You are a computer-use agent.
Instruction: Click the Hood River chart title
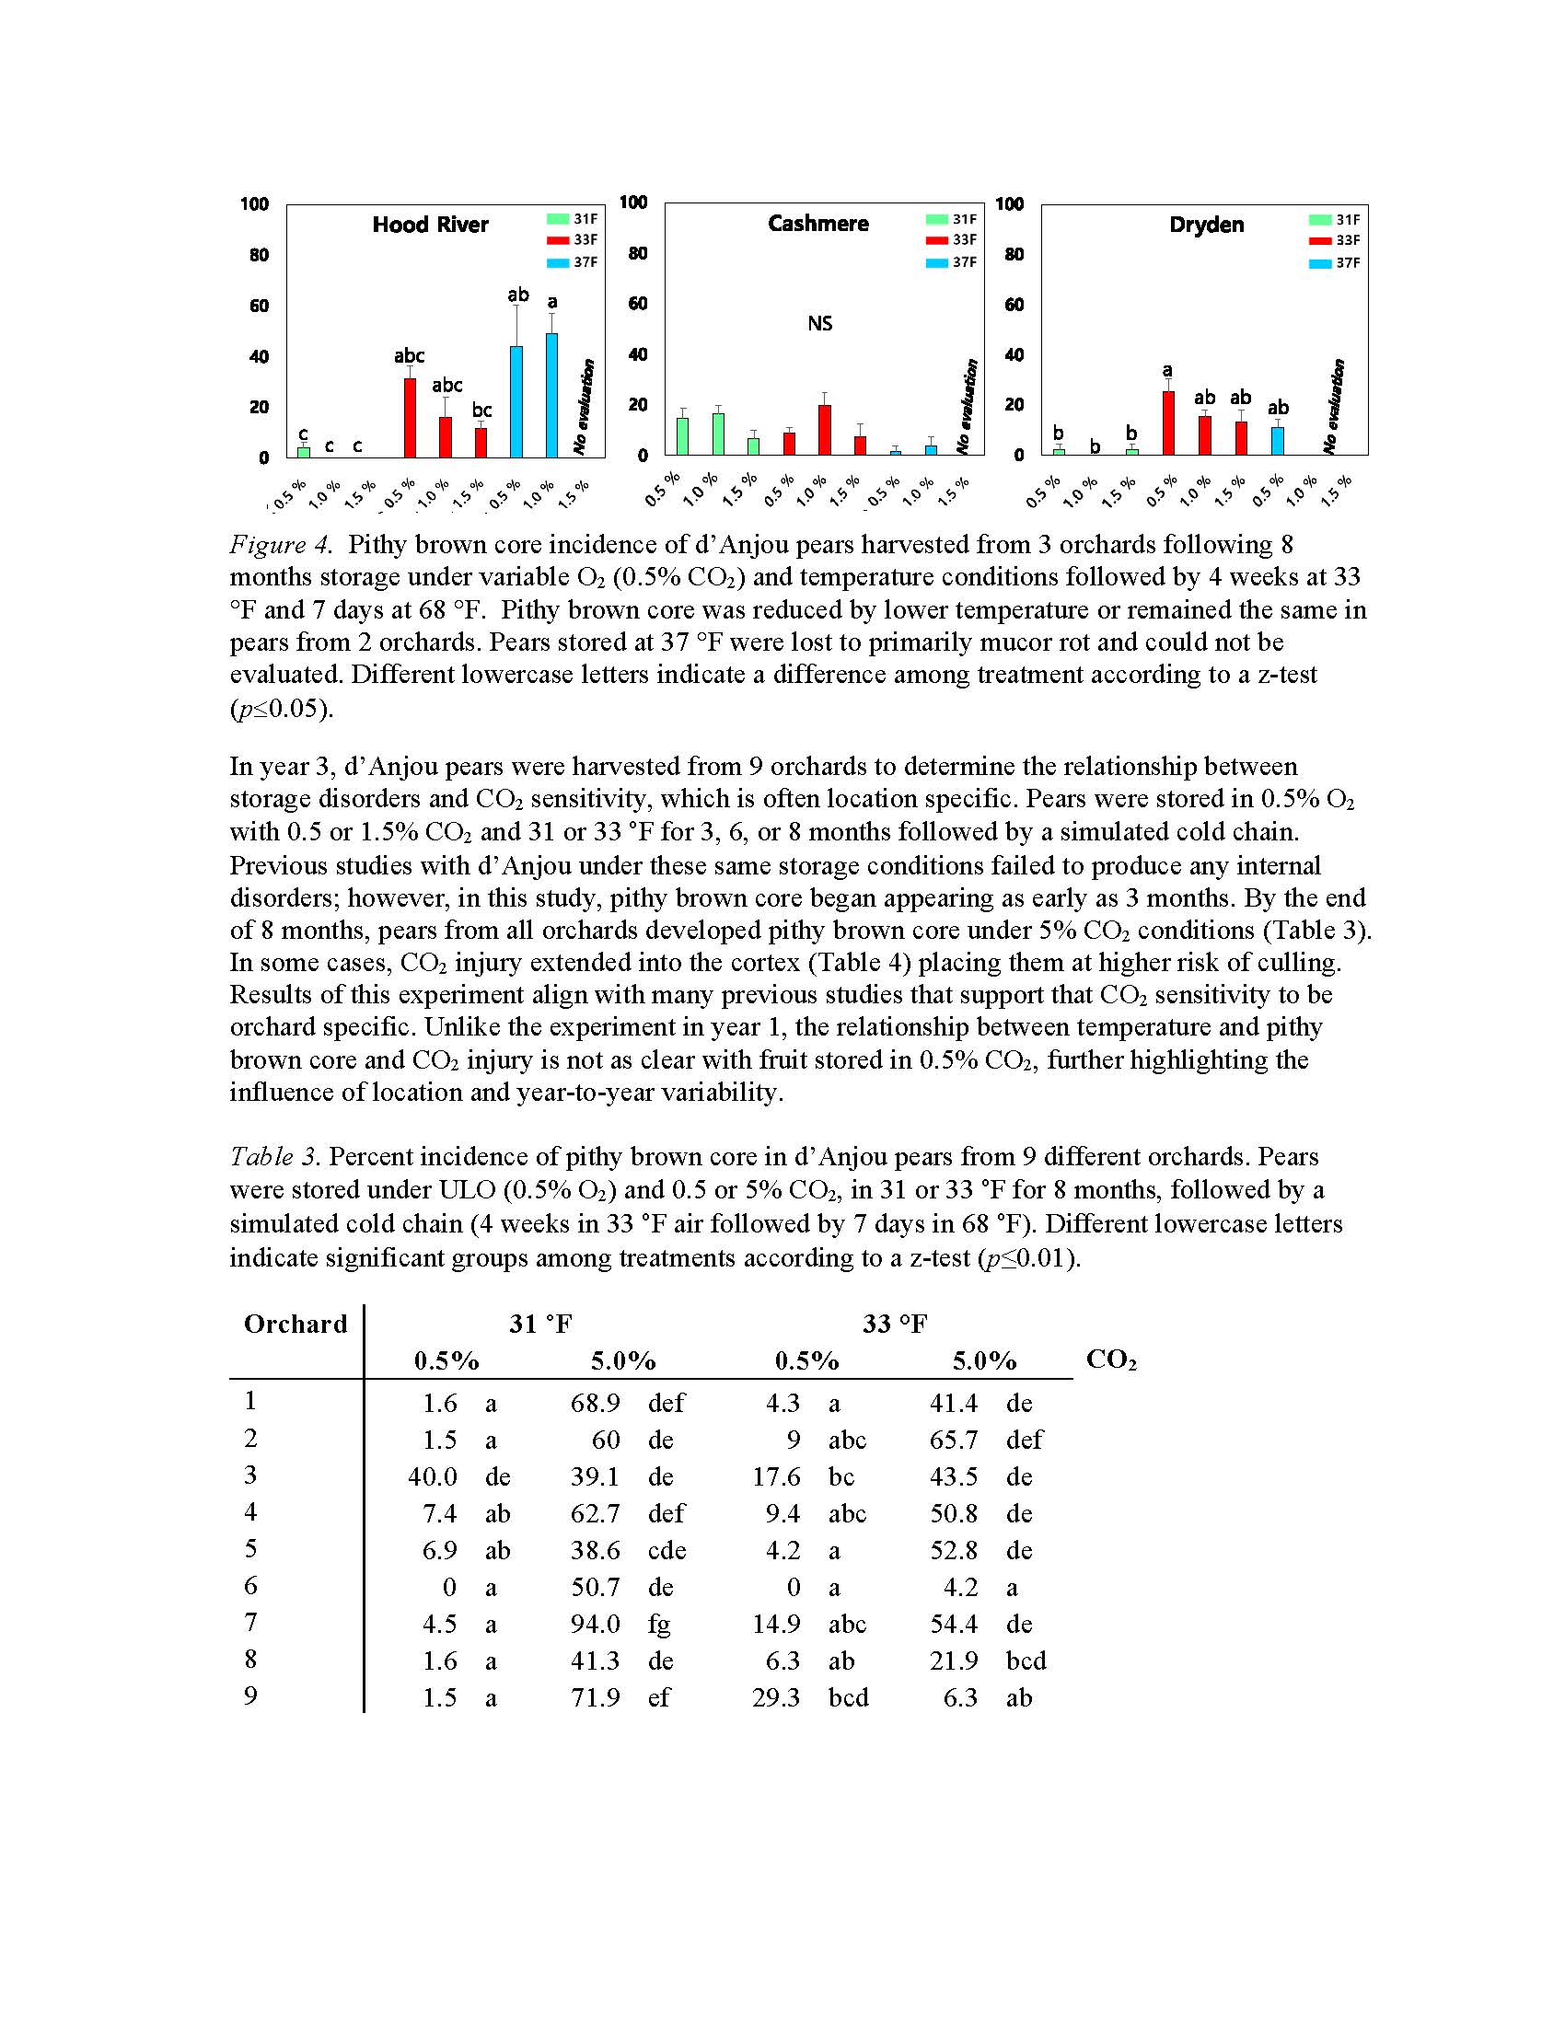point(430,225)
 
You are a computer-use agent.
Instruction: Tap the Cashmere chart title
point(817,224)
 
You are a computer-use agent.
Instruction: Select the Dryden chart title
point(1205,225)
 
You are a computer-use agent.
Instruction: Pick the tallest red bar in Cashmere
point(824,430)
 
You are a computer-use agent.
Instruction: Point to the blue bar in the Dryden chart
point(1278,441)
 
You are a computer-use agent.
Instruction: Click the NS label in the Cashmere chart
point(819,324)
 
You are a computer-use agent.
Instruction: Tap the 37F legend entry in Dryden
point(1334,263)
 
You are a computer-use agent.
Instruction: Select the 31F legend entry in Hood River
point(572,219)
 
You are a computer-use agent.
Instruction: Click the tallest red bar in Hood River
point(410,418)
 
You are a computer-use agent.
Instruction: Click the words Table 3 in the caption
point(274,1157)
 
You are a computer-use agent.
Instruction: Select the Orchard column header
point(295,1324)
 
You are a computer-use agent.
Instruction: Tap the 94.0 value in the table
point(596,1624)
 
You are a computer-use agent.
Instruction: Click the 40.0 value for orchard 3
point(432,1476)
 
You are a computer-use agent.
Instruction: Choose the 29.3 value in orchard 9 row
point(776,1697)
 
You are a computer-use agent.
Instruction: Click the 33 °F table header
point(894,1324)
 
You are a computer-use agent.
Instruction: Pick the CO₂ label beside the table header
point(1111,1360)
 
